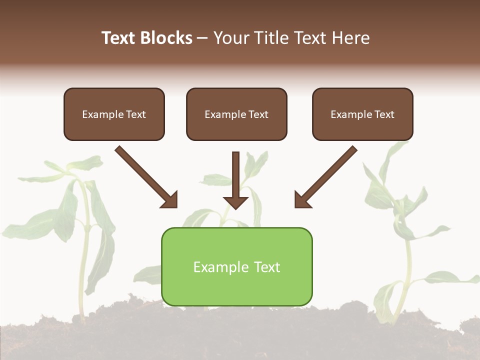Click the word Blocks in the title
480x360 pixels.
point(166,38)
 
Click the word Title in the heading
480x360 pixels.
point(270,38)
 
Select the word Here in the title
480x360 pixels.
point(351,38)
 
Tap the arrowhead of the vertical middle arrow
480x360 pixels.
point(236,202)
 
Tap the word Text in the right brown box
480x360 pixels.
point(384,114)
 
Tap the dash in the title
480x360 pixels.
point(202,38)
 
